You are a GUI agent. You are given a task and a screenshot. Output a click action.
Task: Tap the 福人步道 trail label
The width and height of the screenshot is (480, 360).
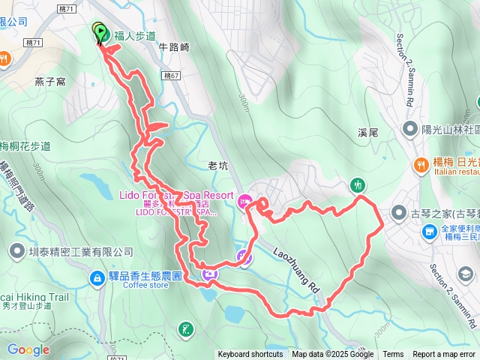coord(135,35)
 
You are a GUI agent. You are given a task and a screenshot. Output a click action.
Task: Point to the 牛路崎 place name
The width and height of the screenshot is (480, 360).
coord(174,46)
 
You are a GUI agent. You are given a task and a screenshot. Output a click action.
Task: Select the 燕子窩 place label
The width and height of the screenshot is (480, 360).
coord(49,80)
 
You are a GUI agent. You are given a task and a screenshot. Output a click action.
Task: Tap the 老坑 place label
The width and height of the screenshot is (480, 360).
coord(217,166)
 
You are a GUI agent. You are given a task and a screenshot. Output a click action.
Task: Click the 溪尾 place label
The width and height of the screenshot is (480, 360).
coord(367,131)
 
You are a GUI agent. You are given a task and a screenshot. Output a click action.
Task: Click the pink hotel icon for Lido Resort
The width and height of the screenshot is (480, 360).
coord(244,201)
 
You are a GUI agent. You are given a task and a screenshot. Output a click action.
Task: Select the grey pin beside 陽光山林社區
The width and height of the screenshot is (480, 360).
coord(409,129)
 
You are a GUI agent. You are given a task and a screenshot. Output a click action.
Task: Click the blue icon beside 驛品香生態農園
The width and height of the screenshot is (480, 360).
coord(97,279)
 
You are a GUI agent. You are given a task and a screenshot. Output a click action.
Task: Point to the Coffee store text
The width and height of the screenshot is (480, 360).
coord(146,285)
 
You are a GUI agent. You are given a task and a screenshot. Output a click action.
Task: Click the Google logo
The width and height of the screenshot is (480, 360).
coord(28,349)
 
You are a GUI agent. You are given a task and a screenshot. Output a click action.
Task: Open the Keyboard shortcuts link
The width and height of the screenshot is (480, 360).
coord(250,355)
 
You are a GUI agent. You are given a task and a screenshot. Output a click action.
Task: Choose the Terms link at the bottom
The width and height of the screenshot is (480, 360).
coord(393,355)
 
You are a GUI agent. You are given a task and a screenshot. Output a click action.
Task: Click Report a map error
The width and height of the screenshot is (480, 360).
coord(445,355)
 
